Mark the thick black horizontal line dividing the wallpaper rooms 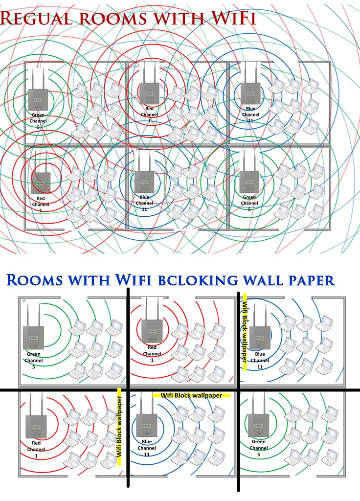pyautogui.click(x=180, y=390)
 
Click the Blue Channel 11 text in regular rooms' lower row pyautogui.click(x=144, y=203)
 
